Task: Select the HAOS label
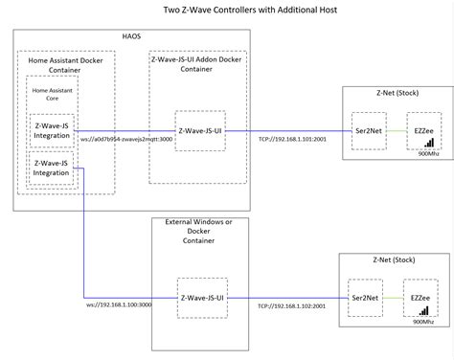tap(132, 35)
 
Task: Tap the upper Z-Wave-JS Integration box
tap(52, 129)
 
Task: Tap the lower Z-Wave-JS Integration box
tap(52, 169)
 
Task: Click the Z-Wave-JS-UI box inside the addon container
tap(200, 130)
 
